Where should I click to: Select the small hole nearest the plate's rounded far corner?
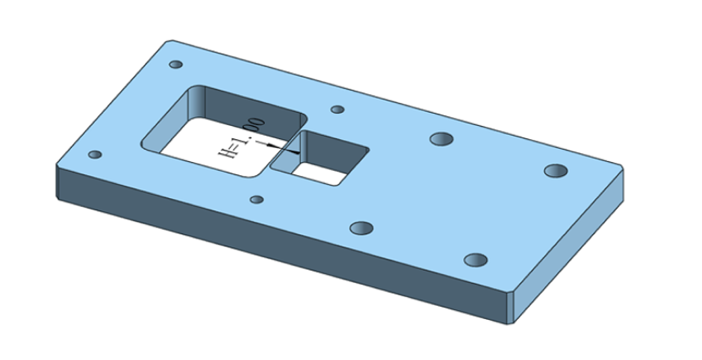176,65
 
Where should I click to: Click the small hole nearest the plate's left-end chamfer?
95,155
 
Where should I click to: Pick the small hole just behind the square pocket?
338,110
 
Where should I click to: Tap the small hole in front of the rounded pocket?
257,200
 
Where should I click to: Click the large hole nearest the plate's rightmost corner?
556,171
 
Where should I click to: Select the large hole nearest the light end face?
475,260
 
